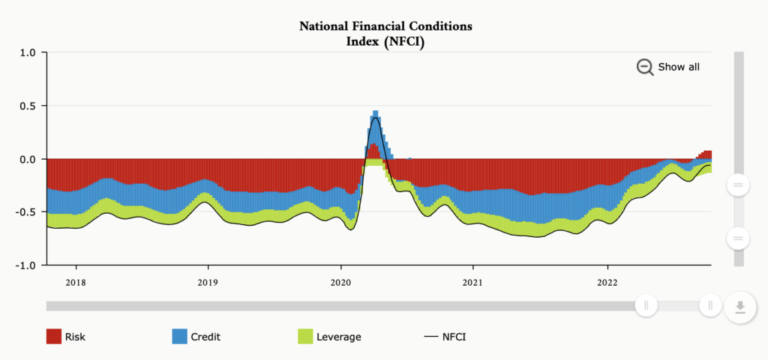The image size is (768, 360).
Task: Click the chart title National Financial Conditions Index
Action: click(x=385, y=34)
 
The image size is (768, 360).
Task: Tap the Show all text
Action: click(x=679, y=67)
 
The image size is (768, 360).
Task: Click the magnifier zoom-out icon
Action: click(x=645, y=67)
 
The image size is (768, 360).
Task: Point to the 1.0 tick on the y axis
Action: click(x=28, y=52)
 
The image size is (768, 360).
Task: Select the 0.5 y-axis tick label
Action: click(x=28, y=106)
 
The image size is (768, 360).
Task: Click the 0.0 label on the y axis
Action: click(x=28, y=159)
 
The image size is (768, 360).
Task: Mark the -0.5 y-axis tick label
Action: click(x=26, y=212)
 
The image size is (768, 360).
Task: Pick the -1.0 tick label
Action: click(x=26, y=265)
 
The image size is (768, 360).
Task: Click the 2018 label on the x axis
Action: click(x=75, y=283)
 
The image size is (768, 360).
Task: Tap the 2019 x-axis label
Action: click(x=208, y=283)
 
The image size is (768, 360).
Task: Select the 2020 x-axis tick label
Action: click(x=340, y=283)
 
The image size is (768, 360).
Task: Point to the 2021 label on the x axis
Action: click(x=473, y=283)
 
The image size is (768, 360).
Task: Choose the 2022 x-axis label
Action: click(x=607, y=283)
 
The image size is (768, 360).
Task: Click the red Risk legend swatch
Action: click(x=53, y=337)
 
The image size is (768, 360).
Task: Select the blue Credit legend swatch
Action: click(x=179, y=337)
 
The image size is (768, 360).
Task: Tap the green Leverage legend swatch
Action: click(x=305, y=337)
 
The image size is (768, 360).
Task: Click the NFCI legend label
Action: click(x=454, y=337)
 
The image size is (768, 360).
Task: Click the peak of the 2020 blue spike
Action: click(x=375, y=113)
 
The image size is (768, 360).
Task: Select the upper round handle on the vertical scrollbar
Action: click(x=738, y=184)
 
